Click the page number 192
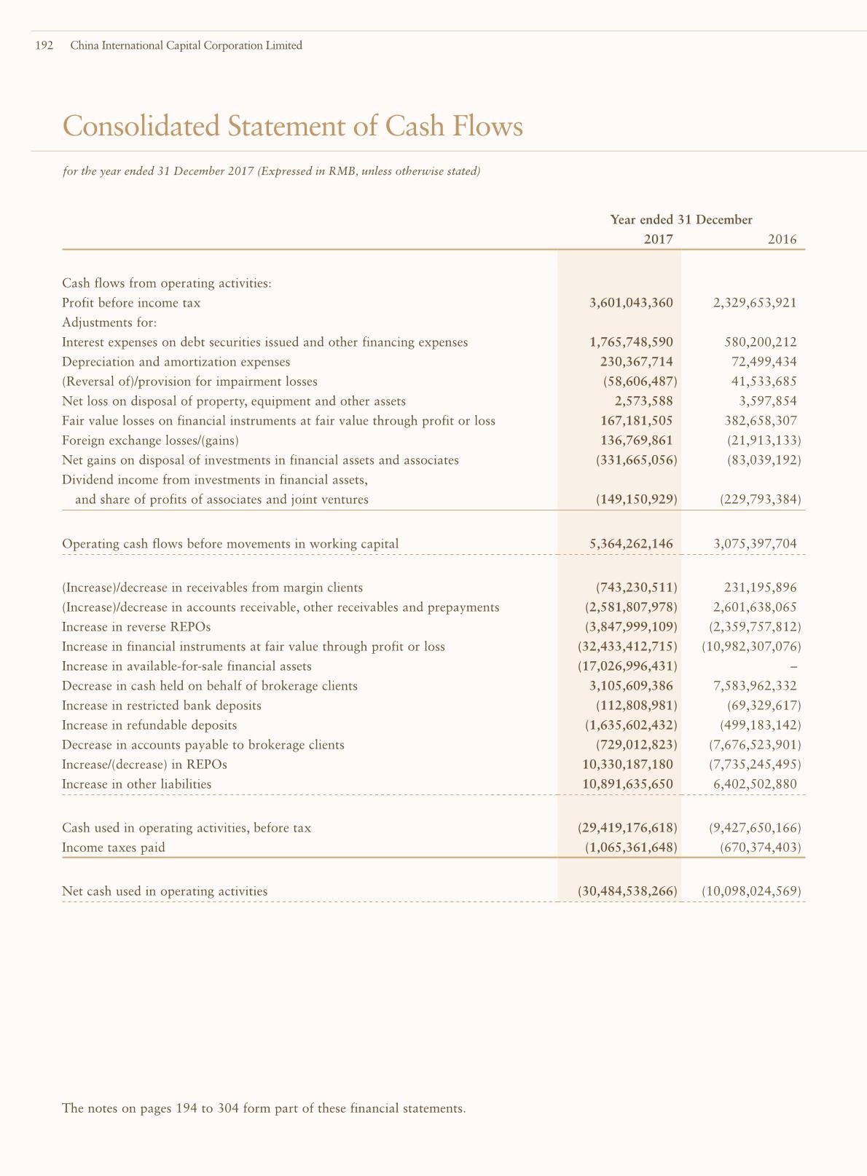44,46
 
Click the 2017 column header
659,240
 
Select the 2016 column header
782,240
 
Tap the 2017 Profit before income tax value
631,303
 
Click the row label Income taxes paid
114,848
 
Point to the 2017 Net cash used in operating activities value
627,891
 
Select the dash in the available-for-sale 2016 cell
794,666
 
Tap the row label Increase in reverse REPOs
136,627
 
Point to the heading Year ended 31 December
681,220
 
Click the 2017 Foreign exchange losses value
631,441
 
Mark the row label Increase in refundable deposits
149,725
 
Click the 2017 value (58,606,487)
640,382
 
